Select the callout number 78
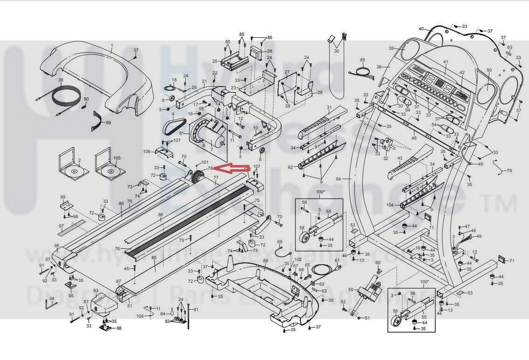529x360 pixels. (210, 168)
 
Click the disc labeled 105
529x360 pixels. (110, 171)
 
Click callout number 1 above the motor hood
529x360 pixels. (112, 46)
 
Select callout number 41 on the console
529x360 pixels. (446, 62)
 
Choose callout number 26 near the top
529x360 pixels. (269, 51)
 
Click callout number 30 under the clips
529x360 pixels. (337, 51)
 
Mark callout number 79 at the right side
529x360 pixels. (509, 170)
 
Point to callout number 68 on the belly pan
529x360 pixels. (266, 261)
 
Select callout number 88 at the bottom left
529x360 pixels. (119, 328)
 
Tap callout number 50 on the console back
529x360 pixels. (489, 70)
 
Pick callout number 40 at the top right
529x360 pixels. (421, 29)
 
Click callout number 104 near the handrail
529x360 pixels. (390, 205)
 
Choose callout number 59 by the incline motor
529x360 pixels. (350, 290)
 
